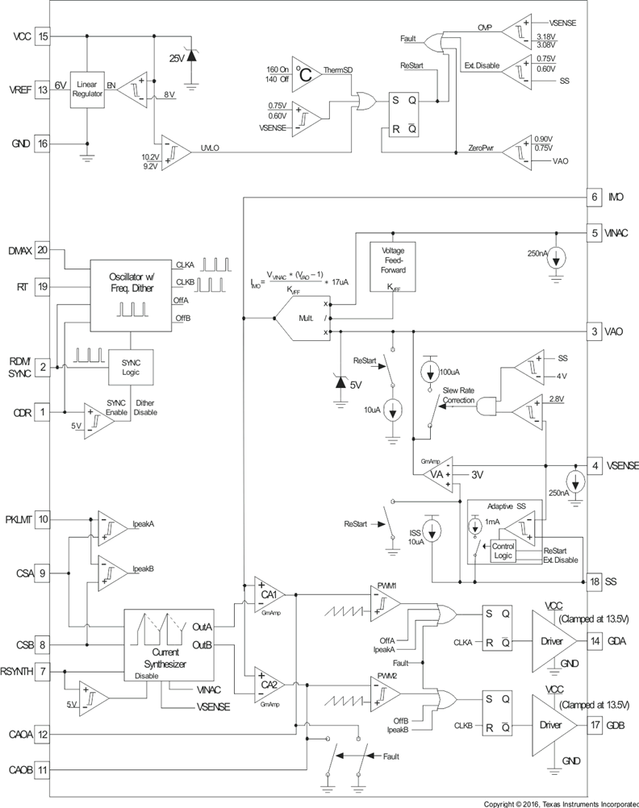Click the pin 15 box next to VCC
pos(44,36)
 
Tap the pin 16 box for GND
pos(44,144)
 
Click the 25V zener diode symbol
pos(191,57)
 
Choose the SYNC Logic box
pos(131,367)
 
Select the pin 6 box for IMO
pos(593,197)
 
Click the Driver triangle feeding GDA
pos(552,641)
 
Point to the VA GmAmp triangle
pos(436,474)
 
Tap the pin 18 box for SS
pos(593,581)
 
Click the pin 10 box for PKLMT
pos(44,520)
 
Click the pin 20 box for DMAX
pos(44,251)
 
